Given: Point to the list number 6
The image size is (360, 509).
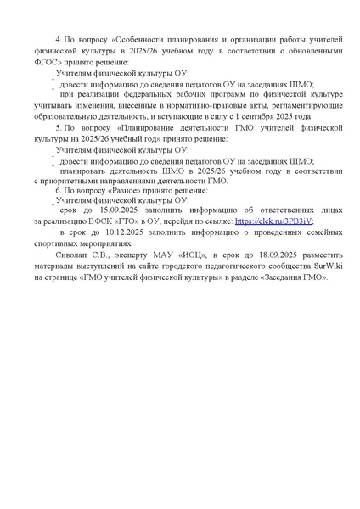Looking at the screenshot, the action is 57,191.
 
